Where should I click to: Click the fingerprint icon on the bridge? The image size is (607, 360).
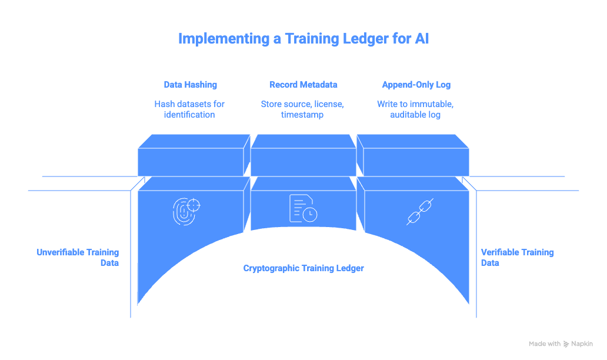click(186, 211)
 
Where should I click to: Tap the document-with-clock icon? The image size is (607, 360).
click(302, 209)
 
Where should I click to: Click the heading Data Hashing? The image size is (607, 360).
click(190, 85)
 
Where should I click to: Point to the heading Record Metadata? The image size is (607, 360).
click(303, 85)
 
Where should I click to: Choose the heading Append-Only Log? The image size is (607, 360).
click(416, 85)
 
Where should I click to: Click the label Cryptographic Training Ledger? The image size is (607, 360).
click(303, 268)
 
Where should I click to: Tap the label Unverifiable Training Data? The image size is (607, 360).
click(78, 258)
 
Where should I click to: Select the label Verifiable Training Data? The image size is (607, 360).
click(517, 258)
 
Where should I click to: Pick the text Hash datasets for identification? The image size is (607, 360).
click(190, 109)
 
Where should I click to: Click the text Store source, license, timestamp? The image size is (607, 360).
click(302, 109)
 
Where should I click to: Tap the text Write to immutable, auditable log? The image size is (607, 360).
click(415, 109)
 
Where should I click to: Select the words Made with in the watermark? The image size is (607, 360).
click(544, 344)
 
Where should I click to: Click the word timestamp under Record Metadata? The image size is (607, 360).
click(302, 115)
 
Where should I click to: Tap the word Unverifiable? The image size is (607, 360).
click(61, 252)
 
